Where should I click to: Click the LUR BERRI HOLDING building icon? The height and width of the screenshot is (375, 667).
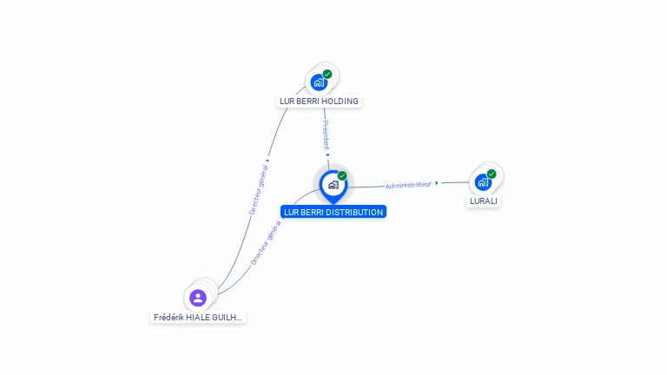tap(318, 83)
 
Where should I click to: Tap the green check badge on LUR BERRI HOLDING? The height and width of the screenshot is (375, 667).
tap(327, 75)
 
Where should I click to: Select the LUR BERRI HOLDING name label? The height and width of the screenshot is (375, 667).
tap(319, 102)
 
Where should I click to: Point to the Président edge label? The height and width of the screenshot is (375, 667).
tap(326, 135)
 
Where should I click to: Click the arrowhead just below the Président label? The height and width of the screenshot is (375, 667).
tap(328, 155)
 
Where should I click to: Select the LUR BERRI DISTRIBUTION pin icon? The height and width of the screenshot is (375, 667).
tap(333, 185)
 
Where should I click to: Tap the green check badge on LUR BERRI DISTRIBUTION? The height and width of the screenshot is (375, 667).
tap(342, 176)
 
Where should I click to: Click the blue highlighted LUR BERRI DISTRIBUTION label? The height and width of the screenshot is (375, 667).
tap(333, 212)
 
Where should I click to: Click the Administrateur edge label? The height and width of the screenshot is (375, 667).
tap(408, 185)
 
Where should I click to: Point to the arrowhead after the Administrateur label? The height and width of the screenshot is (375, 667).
tap(436, 182)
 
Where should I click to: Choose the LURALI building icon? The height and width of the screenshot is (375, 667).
tap(483, 182)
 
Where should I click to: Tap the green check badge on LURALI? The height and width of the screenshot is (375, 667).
tap(492, 174)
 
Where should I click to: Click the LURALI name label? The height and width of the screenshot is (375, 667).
tap(484, 201)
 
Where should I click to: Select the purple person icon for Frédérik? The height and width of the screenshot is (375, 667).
tap(198, 298)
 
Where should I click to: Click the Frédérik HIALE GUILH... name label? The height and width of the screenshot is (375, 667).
tap(198, 318)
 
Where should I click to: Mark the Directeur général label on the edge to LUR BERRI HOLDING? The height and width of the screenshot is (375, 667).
tap(258, 188)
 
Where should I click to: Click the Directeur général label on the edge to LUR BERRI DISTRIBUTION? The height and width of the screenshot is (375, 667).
tap(267, 241)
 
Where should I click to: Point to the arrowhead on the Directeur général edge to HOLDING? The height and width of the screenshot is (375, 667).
tap(268, 159)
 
